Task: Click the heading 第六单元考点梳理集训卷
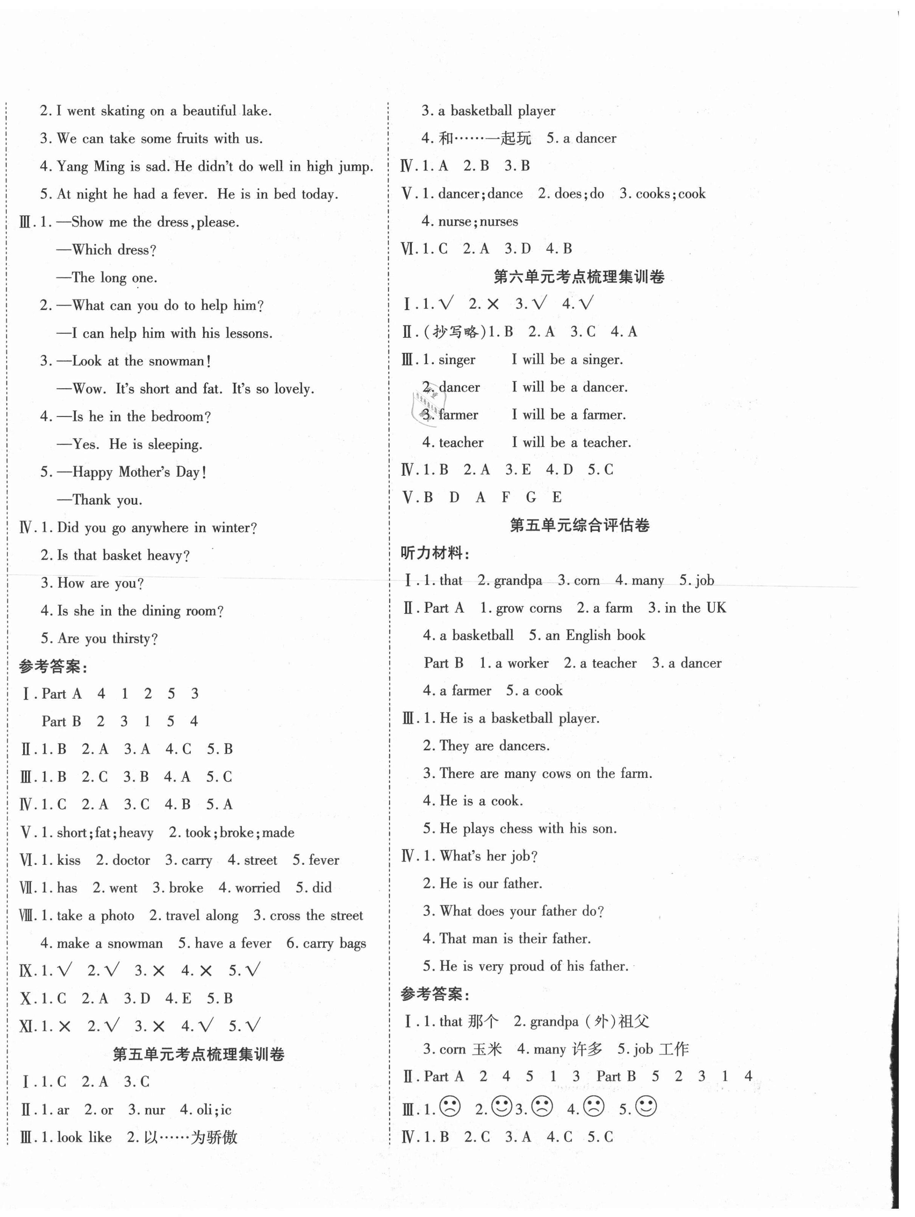(579, 277)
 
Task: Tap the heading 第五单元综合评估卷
(579, 525)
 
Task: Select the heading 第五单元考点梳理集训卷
(198, 1054)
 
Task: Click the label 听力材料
(435, 553)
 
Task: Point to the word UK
(716, 608)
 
